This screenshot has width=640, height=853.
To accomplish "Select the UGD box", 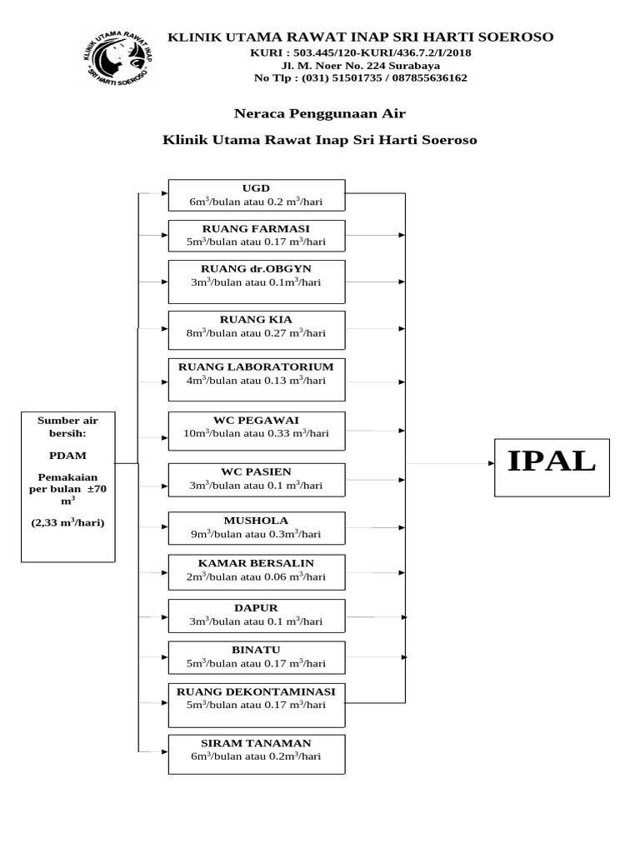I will (x=256, y=195).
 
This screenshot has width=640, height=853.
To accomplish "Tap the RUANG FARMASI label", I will (x=256, y=227).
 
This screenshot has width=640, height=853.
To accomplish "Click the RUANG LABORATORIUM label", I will (x=256, y=367).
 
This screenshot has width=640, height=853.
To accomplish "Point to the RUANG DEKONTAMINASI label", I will (x=256, y=691).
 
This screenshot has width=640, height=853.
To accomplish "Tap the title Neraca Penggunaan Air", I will (x=319, y=112).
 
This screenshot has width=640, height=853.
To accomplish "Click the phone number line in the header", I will (x=360, y=77).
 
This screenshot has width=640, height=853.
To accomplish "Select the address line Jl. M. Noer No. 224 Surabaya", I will (x=360, y=64).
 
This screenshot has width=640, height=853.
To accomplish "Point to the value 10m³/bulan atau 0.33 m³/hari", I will (x=256, y=433).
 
